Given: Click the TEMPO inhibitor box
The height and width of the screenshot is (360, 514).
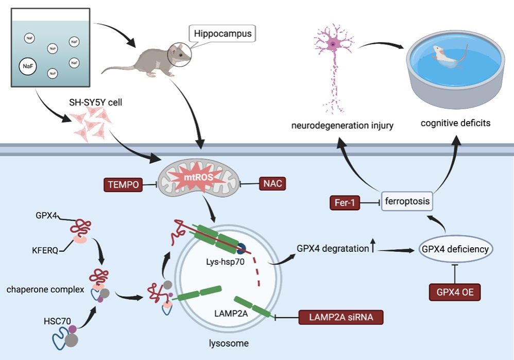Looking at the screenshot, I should [123, 184].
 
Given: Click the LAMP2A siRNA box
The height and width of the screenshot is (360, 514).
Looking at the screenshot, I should [340, 317].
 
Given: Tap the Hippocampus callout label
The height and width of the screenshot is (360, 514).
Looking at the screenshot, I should [223, 35].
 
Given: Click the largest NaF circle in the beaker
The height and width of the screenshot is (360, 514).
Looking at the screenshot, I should [27, 66].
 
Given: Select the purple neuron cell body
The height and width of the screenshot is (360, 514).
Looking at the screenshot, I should [333, 44].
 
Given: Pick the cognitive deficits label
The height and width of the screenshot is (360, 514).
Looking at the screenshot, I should [452, 124].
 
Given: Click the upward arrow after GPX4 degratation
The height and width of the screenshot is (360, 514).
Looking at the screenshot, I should [372, 248].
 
